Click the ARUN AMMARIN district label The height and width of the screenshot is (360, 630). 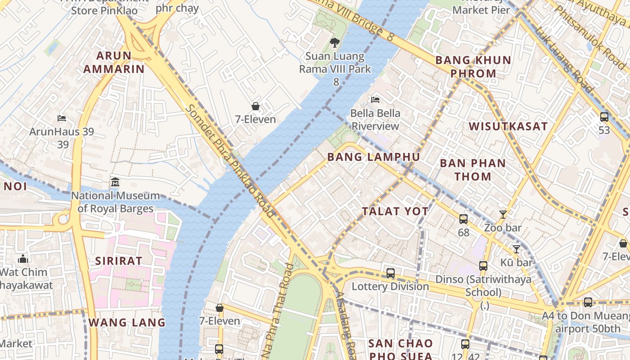(x=114, y=62)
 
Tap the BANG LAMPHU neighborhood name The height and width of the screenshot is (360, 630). (x=373, y=157)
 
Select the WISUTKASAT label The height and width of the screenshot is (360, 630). (x=508, y=126)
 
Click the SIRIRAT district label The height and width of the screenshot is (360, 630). (x=119, y=261)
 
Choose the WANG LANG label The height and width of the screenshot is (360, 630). (x=127, y=323)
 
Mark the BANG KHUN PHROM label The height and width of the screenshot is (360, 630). (x=473, y=67)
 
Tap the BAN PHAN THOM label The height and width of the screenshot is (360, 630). (x=472, y=170)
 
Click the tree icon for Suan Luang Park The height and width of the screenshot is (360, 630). (x=334, y=43)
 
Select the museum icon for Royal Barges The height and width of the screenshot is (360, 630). (x=115, y=182)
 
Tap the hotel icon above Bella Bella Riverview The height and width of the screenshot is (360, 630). (x=375, y=99)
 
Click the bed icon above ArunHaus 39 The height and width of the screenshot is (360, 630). (x=62, y=118)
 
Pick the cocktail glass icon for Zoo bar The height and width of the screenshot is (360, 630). (x=503, y=215)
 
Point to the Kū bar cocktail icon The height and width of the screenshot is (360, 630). (x=516, y=249)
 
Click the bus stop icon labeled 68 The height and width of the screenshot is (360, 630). (x=463, y=219)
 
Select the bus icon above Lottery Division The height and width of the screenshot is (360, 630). (x=390, y=273)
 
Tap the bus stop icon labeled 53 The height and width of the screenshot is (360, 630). (x=604, y=117)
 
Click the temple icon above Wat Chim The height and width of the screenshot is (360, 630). (x=23, y=259)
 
